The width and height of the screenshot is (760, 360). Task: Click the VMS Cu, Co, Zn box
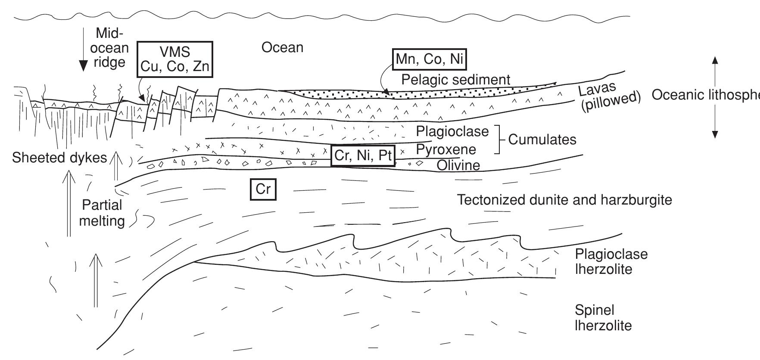point(175,59)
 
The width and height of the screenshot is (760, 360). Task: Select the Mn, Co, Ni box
point(430,59)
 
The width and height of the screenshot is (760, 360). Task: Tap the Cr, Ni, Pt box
point(363,156)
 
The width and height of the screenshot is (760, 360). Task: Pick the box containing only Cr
point(263,190)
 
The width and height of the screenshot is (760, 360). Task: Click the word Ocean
point(282,47)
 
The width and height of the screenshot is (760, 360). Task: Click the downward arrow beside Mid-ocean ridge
point(82,51)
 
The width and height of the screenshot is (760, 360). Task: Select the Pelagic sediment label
point(455,80)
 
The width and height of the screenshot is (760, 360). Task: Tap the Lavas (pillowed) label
point(608,99)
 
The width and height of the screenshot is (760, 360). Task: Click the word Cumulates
point(542,140)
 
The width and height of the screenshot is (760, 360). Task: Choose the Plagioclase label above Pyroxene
point(452,131)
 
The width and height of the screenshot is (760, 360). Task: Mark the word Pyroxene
point(446,150)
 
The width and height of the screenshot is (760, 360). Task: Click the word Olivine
point(458,165)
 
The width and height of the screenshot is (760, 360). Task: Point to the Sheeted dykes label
point(59,158)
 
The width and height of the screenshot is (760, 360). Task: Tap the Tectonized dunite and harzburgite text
point(564,200)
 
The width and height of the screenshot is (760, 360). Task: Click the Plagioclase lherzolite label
point(611,262)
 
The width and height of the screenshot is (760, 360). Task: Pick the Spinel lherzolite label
point(603,317)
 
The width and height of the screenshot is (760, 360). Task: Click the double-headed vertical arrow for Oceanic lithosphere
point(715,97)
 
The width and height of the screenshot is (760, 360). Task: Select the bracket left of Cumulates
point(499,140)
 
